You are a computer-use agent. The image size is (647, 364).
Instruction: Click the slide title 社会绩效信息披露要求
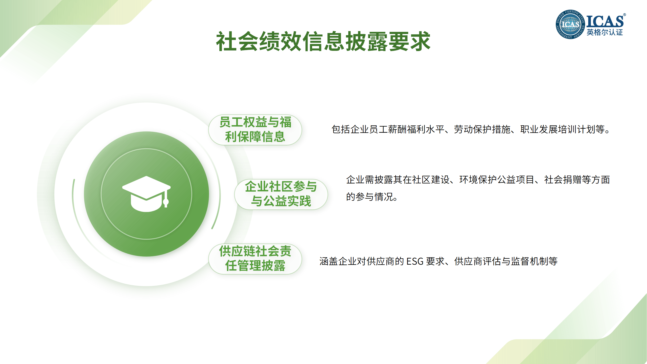pyautogui.click(x=323, y=41)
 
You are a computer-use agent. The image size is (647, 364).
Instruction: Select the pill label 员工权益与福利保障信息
pyautogui.click(x=255, y=130)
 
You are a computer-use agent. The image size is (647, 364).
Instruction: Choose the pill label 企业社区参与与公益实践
pyautogui.click(x=281, y=194)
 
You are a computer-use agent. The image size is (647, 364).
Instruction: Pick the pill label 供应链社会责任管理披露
pyautogui.click(x=255, y=259)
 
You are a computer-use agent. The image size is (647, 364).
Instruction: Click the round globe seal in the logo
pyautogui.click(x=570, y=25)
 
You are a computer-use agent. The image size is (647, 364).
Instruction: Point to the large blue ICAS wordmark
pyautogui.click(x=605, y=21)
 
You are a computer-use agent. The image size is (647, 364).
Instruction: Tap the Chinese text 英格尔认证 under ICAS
pyautogui.click(x=605, y=32)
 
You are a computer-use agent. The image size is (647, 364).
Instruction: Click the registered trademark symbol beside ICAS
pyautogui.click(x=624, y=15)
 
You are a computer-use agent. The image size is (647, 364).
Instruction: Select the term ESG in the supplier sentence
pyautogui.click(x=415, y=261)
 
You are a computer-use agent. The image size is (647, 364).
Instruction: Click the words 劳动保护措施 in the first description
pyautogui.click(x=482, y=129)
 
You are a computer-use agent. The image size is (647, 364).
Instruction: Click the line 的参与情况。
pyautogui.click(x=372, y=197)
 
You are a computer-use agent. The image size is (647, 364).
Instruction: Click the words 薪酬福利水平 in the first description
pyautogui.click(x=416, y=129)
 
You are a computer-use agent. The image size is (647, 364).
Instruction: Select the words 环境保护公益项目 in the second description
pyautogui.click(x=497, y=180)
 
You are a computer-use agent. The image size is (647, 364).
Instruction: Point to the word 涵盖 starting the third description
pyautogui.click(x=329, y=261)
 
